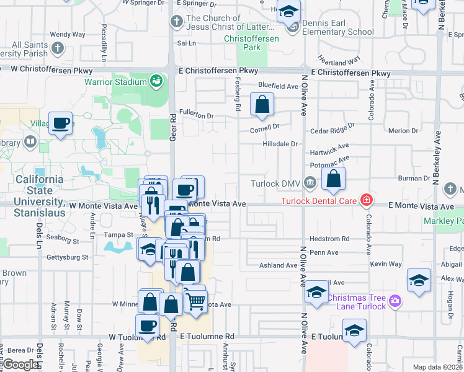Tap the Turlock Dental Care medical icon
(x=367, y=200)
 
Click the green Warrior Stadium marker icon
(x=156, y=81)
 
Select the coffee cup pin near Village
(x=60, y=123)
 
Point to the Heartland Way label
(x=339, y=60)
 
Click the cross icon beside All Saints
(x=57, y=48)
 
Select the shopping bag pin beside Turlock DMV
(x=333, y=179)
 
